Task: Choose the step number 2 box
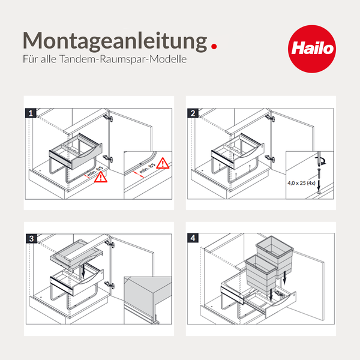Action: [x=193, y=112]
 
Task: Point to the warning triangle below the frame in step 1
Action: [x=101, y=176]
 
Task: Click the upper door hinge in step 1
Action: [x=106, y=118]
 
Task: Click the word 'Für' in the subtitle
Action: [x=30, y=61]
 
